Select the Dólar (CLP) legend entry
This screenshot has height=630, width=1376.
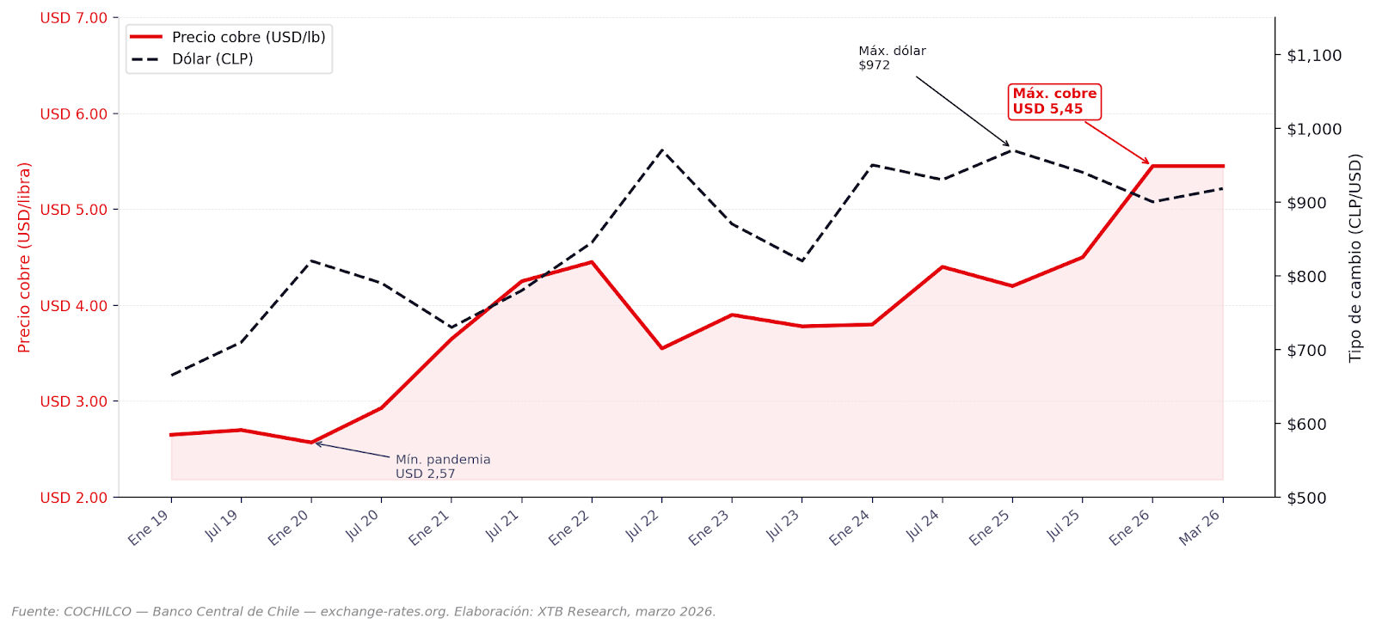(x=212, y=59)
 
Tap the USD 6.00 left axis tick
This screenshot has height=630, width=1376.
(x=73, y=114)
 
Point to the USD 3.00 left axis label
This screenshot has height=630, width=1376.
(x=73, y=401)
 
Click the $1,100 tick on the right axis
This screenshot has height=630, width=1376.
(x=1313, y=56)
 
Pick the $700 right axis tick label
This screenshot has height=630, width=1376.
(x=1306, y=351)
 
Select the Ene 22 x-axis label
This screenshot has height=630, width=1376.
(x=570, y=527)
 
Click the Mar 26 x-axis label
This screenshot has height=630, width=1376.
(x=1200, y=527)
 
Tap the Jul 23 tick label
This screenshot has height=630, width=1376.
(x=782, y=525)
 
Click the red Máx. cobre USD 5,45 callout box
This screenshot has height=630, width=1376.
(x=1053, y=101)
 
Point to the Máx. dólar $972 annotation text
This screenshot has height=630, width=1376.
(x=891, y=58)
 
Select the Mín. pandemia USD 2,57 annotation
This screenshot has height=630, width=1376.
(x=442, y=467)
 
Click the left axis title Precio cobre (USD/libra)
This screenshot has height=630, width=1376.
(x=24, y=257)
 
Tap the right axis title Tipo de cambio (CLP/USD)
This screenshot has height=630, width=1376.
(x=1355, y=258)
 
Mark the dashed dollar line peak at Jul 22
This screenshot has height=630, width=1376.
(x=661, y=150)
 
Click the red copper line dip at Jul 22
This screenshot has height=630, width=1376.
(x=661, y=348)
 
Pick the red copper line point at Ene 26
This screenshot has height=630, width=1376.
(x=1152, y=166)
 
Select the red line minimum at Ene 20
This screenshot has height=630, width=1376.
(x=311, y=443)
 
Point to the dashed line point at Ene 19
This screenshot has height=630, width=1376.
(x=171, y=376)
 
